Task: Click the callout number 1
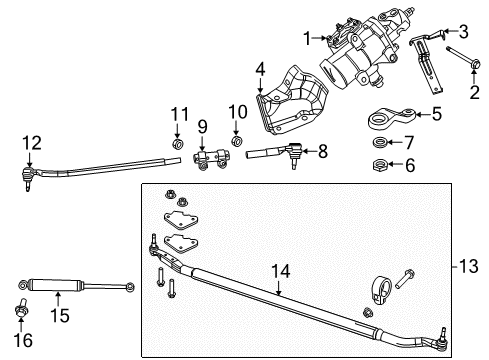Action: pos(307,38)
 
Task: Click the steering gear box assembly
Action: pos(362,55)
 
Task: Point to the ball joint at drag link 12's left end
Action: pos(28,179)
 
